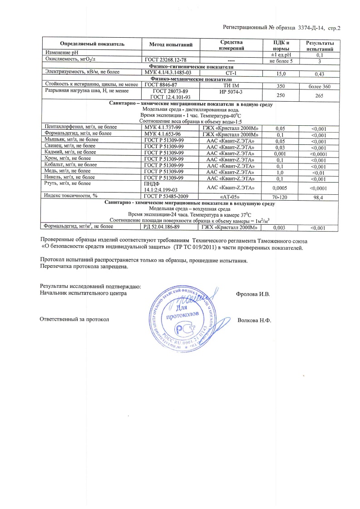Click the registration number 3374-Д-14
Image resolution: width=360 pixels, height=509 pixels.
pyautogui.click(x=311, y=28)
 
